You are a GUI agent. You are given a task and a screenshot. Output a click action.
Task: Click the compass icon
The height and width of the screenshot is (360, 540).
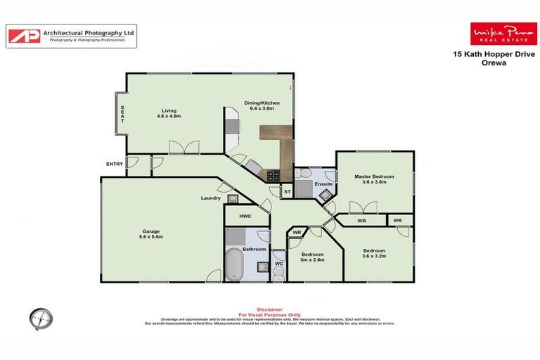pyautogui.click(x=41, y=319)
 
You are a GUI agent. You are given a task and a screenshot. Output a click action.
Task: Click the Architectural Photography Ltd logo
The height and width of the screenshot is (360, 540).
pyautogui.click(x=72, y=36)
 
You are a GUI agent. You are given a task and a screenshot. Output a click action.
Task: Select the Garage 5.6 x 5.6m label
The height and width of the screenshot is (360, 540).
pyautogui.click(x=151, y=234)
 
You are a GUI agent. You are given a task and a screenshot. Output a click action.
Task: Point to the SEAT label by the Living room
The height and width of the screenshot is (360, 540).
pyautogui.click(x=122, y=115)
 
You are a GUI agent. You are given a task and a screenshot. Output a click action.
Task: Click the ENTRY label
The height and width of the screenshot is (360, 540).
pyautogui.click(x=114, y=164)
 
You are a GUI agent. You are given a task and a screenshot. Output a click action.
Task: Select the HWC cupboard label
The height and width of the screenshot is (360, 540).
pyautogui.click(x=245, y=217)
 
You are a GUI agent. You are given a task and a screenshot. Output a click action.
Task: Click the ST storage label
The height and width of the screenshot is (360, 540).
pyautogui.click(x=287, y=191)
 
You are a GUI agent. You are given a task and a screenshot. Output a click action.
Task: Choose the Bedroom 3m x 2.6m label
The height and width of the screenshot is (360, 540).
pyautogui.click(x=311, y=257)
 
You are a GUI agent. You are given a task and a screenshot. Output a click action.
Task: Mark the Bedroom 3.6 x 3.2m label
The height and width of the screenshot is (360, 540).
pyautogui.click(x=374, y=253)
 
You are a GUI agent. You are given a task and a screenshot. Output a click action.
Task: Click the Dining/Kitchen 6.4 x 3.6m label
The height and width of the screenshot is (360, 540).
pyautogui.click(x=258, y=105)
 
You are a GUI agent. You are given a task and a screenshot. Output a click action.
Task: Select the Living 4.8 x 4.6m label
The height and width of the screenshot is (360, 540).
pyautogui.click(x=169, y=113)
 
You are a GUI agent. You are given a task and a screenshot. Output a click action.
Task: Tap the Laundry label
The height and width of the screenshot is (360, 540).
pyautogui.click(x=211, y=198)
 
